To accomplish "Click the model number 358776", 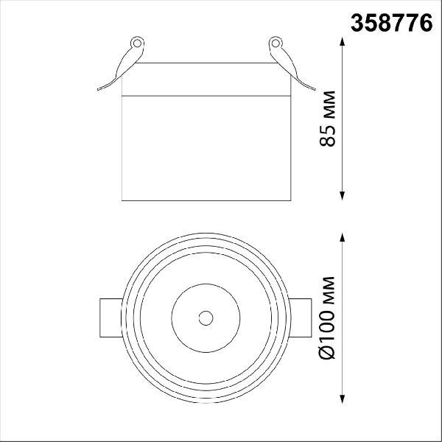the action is [x=392, y=23].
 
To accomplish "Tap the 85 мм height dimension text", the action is [x=328, y=119].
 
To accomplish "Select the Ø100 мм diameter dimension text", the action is [x=327, y=318].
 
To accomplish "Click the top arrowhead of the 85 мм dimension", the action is [x=343, y=41].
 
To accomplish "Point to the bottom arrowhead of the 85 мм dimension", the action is [x=343, y=196].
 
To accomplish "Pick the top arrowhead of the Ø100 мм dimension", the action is [x=343, y=237].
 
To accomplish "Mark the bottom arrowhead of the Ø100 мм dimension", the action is [x=343, y=399].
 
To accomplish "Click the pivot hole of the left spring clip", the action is [x=137, y=43].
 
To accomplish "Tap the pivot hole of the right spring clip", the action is [x=276, y=43].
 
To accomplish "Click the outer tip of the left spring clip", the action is [x=98, y=89].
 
